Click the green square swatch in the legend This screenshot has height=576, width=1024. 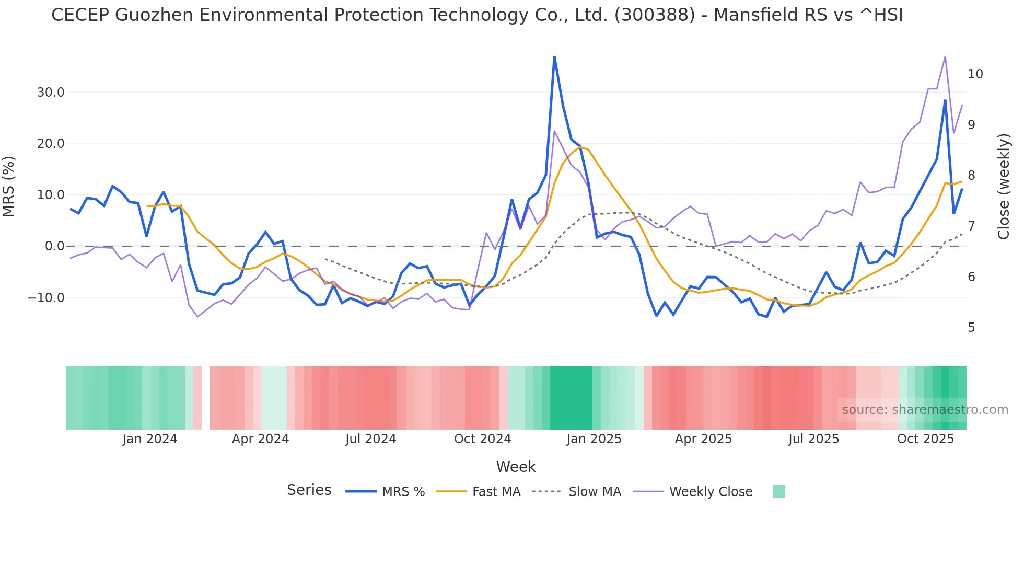click(x=778, y=491)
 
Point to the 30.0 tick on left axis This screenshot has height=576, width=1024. click(x=50, y=93)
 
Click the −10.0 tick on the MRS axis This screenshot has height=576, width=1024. click(x=46, y=298)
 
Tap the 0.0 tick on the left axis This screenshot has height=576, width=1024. click(x=54, y=246)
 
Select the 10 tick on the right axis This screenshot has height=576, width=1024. click(x=975, y=74)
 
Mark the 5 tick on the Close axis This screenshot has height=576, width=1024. click(x=971, y=328)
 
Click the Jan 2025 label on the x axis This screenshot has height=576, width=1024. click(x=594, y=439)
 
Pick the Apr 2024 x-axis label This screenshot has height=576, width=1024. click(x=260, y=439)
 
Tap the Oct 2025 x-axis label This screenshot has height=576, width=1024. click(x=925, y=439)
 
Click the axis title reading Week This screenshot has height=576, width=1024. click(x=516, y=467)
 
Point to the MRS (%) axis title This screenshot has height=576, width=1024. click(x=9, y=187)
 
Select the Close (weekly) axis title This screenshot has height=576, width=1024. click(x=1004, y=187)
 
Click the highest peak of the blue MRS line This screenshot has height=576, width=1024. click(x=554, y=57)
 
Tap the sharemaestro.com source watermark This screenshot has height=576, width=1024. click(x=925, y=410)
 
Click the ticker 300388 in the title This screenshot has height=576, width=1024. click(x=655, y=15)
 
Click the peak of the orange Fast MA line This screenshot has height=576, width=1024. click(x=580, y=147)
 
